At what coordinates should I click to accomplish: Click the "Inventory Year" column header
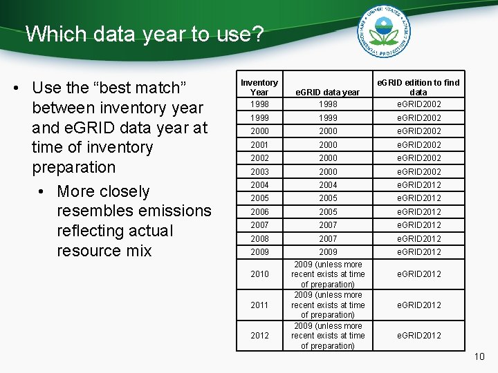coord(259,87)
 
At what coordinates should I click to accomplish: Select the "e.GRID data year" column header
coord(328,92)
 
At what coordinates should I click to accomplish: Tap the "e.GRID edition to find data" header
coord(418,87)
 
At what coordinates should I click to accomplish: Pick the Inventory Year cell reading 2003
coord(259,171)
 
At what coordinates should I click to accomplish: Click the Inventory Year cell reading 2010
coord(259,274)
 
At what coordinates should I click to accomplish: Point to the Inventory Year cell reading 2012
coord(259,336)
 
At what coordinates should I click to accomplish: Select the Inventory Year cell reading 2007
coord(259,225)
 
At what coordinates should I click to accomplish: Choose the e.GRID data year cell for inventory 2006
coord(328,211)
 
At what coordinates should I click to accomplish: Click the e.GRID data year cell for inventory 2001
coord(328,144)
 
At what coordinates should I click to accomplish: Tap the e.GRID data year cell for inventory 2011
coord(328,305)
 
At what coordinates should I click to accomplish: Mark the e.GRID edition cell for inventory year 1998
coord(418,104)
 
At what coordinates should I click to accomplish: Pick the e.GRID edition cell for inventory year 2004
coord(418,184)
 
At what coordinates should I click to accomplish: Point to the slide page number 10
coord(480,356)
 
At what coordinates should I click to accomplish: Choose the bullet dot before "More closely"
coord(45,191)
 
